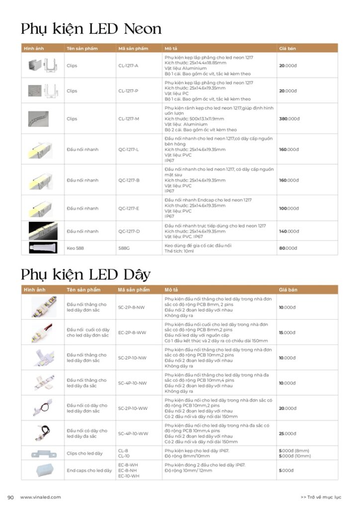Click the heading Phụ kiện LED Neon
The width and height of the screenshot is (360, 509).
pos(91,29)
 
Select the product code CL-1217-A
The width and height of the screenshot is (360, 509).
pos(128,66)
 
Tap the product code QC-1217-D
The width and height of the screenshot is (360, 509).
pos(129,231)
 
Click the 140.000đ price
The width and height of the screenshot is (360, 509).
pos(289,231)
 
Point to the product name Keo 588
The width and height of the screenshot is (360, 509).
pos(75,248)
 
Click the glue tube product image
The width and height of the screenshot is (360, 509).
pos(42,248)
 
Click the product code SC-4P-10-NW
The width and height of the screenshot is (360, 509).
pos(132,383)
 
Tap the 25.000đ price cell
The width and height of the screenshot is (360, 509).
pos(288,433)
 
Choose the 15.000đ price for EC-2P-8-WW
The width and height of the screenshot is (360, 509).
pos(288,333)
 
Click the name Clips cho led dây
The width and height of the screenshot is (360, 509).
pos(85,453)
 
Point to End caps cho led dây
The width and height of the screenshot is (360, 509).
pos(89,470)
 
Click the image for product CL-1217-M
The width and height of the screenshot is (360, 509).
pos(42,119)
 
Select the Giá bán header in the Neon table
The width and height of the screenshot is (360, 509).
pos(287,48)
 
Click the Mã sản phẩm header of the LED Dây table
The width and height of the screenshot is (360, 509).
pos(134,290)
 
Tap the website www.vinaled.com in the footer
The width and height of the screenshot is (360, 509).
pos(40,497)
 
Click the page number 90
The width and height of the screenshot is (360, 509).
pos(10,497)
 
